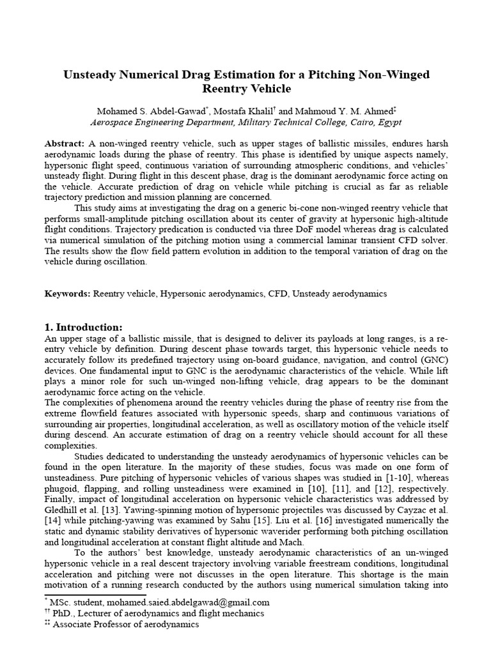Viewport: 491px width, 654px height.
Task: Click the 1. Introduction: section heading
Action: pyautogui.click(x=87, y=327)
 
